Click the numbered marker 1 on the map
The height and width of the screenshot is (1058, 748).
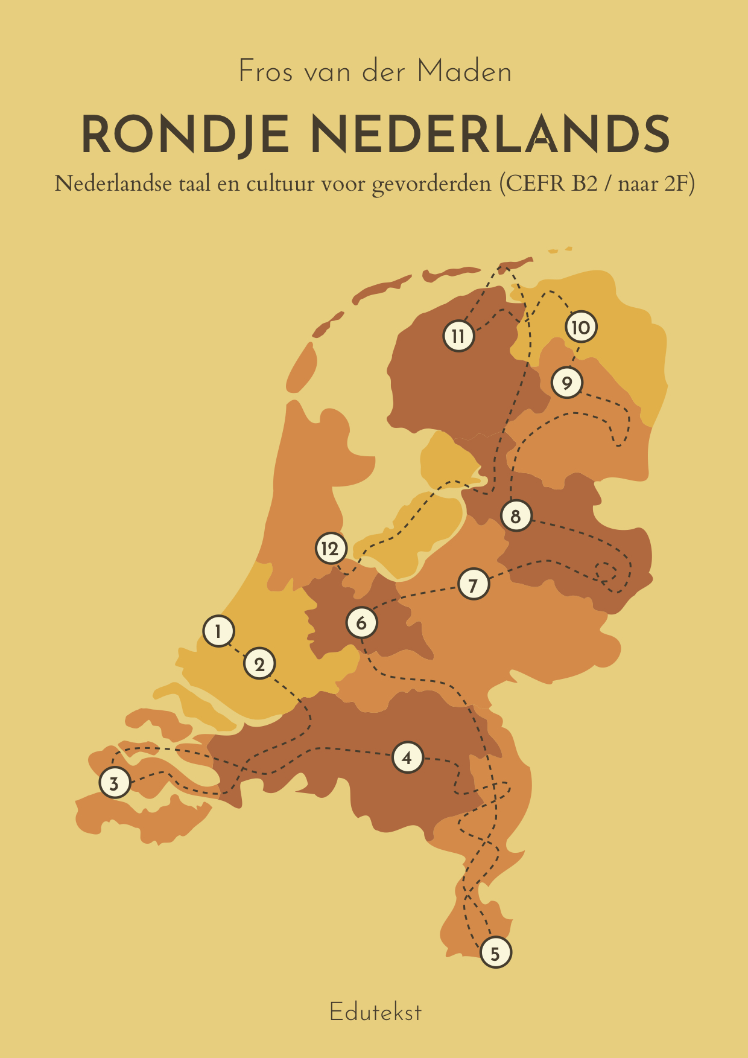[218, 631]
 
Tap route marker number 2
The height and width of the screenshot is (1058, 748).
[259, 664]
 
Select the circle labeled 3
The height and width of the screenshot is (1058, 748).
[114, 783]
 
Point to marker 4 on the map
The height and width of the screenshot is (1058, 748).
[407, 757]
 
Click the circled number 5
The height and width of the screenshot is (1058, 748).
[495, 953]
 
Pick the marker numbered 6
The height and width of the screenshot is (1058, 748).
[361, 623]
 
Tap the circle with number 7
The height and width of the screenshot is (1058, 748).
[473, 584]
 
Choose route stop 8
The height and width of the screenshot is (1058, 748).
[516, 516]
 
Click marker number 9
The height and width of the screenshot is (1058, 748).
[566, 383]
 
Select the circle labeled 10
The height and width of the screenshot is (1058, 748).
[580, 327]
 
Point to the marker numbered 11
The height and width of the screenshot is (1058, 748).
[458, 336]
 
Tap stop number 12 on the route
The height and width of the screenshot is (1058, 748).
[331, 549]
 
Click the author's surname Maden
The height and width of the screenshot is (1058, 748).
[464, 72]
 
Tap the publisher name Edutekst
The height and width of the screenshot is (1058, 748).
[375, 1012]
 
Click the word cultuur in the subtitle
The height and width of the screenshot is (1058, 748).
[280, 183]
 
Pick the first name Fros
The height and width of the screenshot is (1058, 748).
[266, 72]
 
